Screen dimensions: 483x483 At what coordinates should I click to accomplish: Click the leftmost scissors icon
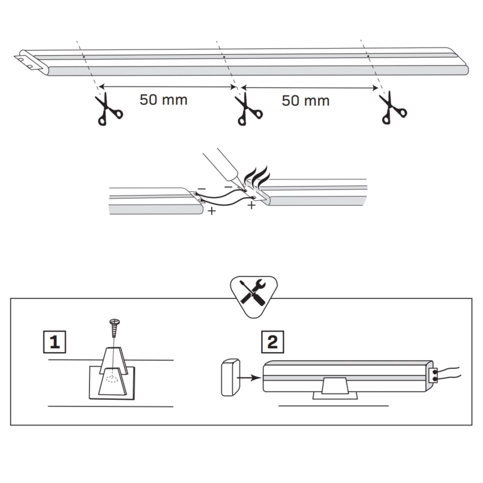pyautogui.click(x=108, y=109)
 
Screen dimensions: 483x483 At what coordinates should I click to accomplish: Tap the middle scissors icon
pyautogui.click(x=248, y=109)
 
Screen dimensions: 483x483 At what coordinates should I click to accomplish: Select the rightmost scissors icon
pyautogui.click(x=393, y=108)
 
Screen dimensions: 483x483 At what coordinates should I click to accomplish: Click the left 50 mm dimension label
pyautogui.click(x=164, y=100)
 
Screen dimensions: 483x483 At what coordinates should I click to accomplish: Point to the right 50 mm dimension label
pyautogui.click(x=306, y=101)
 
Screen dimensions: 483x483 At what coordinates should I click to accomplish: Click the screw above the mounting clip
pyautogui.click(x=115, y=328)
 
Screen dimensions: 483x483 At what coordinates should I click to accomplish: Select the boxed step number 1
pyautogui.click(x=55, y=342)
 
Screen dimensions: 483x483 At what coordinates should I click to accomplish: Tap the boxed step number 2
pyautogui.click(x=273, y=342)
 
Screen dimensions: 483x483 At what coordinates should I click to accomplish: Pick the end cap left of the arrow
pyautogui.click(x=230, y=377)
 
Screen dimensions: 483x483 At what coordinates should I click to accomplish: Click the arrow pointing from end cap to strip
pyautogui.click(x=249, y=378)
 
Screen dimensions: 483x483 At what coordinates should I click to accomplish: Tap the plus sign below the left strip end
pyautogui.click(x=212, y=211)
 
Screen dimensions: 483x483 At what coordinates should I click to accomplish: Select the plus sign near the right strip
pyautogui.click(x=252, y=205)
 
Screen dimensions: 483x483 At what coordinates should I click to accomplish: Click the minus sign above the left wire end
pyautogui.click(x=202, y=188)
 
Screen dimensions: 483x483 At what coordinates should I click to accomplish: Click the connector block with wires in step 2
pyautogui.click(x=433, y=375)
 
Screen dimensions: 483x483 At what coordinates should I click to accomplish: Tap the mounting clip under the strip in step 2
pyautogui.click(x=335, y=389)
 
